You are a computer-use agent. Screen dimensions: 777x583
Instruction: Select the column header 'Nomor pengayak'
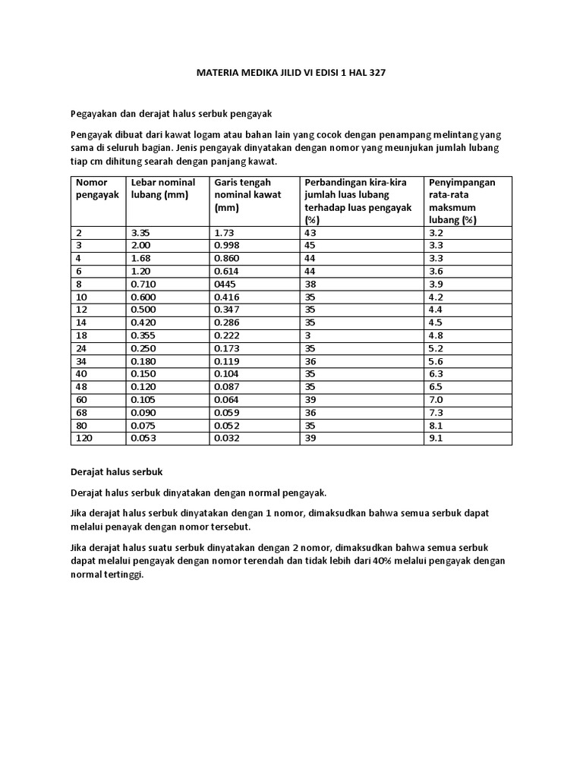coord(92,188)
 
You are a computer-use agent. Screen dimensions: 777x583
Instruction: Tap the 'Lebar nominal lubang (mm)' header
coord(162,188)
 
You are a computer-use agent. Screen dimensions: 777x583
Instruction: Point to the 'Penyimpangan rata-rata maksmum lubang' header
coord(462,201)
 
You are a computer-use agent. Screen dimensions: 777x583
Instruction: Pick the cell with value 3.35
coord(141,233)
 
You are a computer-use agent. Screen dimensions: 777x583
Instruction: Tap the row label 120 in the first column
coord(84,439)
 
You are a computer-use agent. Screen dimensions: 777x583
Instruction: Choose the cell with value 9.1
coord(436,439)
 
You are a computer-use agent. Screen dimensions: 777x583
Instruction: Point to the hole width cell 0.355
coord(144,335)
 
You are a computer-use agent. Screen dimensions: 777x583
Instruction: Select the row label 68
coord(82,413)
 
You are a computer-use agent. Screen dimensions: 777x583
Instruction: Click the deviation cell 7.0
coord(436,400)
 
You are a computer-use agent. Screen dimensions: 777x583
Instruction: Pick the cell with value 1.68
coord(141,258)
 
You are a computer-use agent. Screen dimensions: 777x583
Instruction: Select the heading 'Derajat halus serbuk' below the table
coord(117,472)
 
